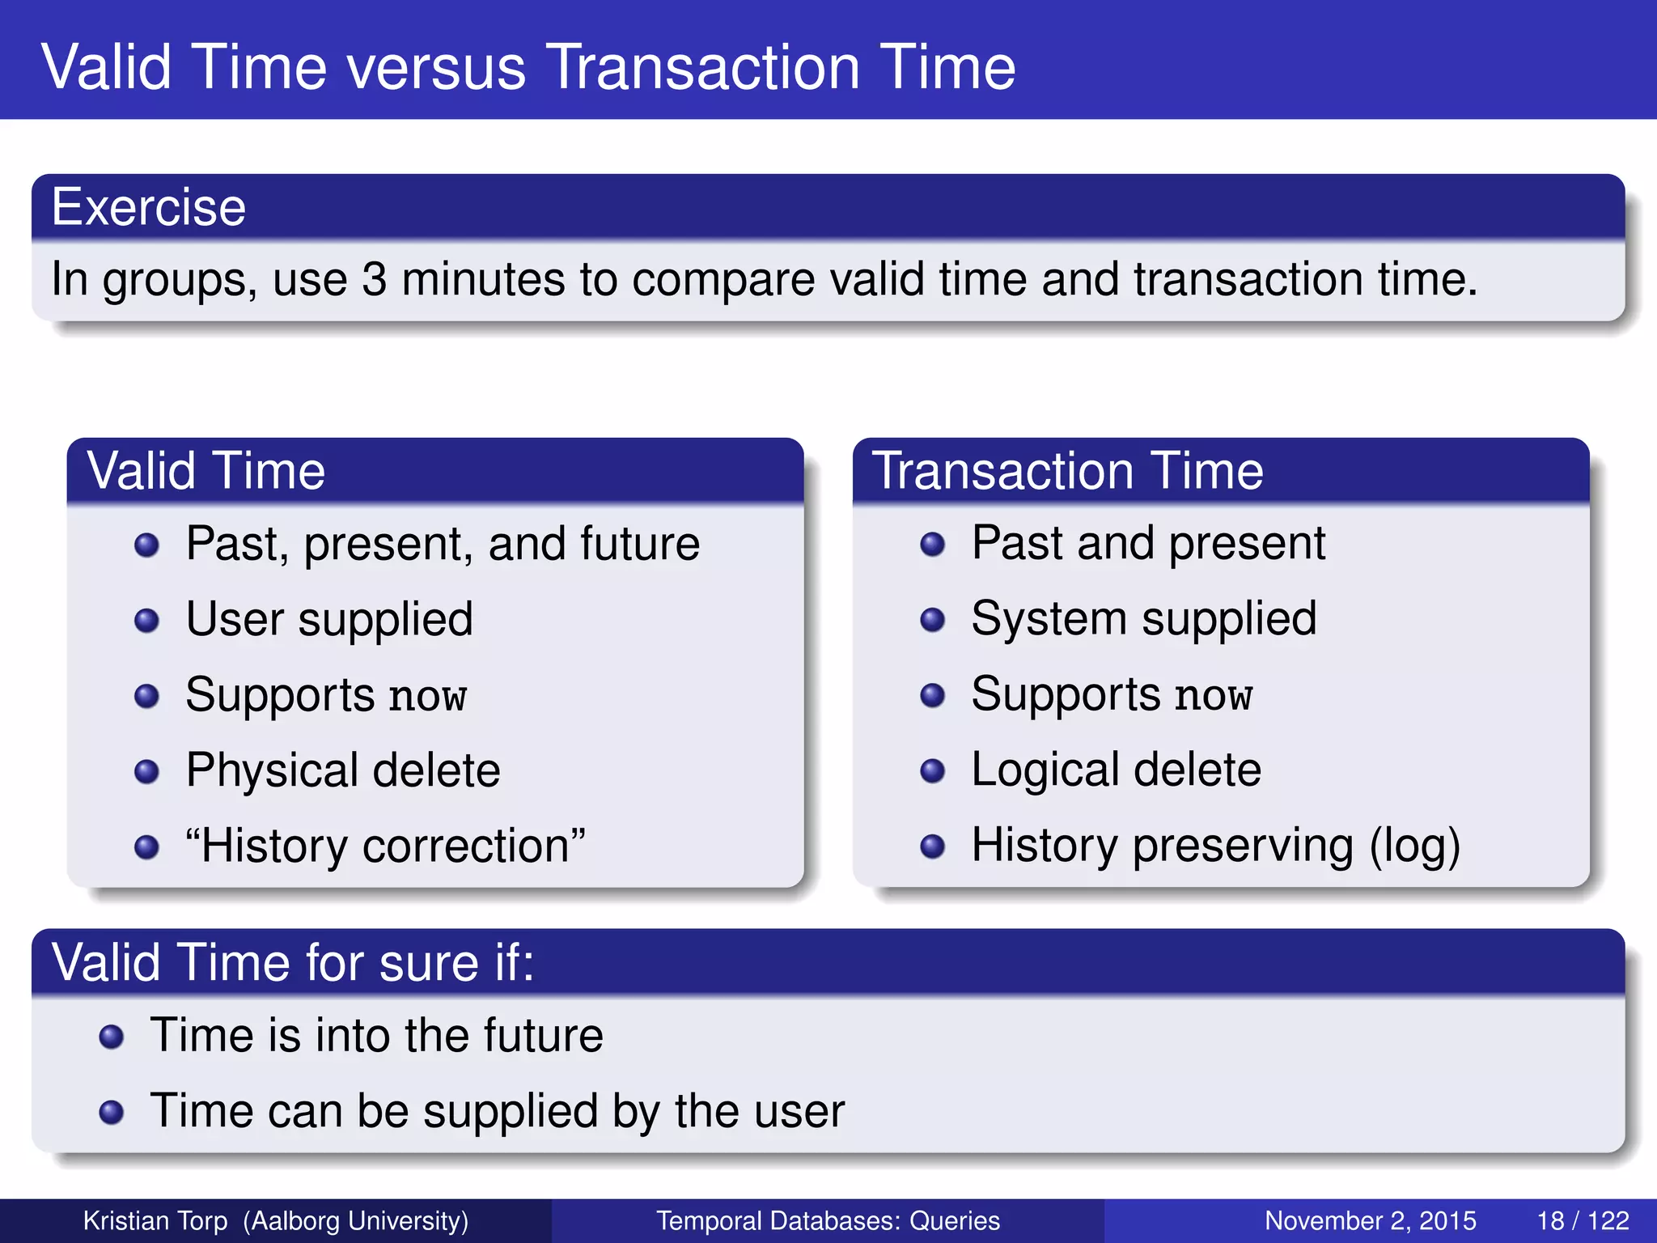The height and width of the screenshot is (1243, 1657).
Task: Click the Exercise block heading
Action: (149, 207)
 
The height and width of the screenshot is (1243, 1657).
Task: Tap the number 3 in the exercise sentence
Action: (374, 280)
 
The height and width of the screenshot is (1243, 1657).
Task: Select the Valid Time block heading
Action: (206, 471)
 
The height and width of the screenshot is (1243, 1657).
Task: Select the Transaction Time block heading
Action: (1067, 471)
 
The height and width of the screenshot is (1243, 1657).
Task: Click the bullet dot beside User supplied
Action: (146, 621)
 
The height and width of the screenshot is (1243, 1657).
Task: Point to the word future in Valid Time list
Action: (640, 544)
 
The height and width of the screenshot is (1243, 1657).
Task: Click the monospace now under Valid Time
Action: (427, 697)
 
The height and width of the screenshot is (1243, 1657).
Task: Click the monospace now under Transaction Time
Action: (1213, 696)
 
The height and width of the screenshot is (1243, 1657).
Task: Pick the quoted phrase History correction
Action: (385, 846)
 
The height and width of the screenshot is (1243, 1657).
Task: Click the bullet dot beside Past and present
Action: (932, 544)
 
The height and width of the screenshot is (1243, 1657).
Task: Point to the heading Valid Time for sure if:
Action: (293, 963)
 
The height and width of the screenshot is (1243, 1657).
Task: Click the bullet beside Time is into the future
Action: (111, 1037)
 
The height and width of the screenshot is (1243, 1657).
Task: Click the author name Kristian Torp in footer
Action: (155, 1220)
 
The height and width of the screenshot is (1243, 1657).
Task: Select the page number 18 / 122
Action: (1582, 1220)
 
